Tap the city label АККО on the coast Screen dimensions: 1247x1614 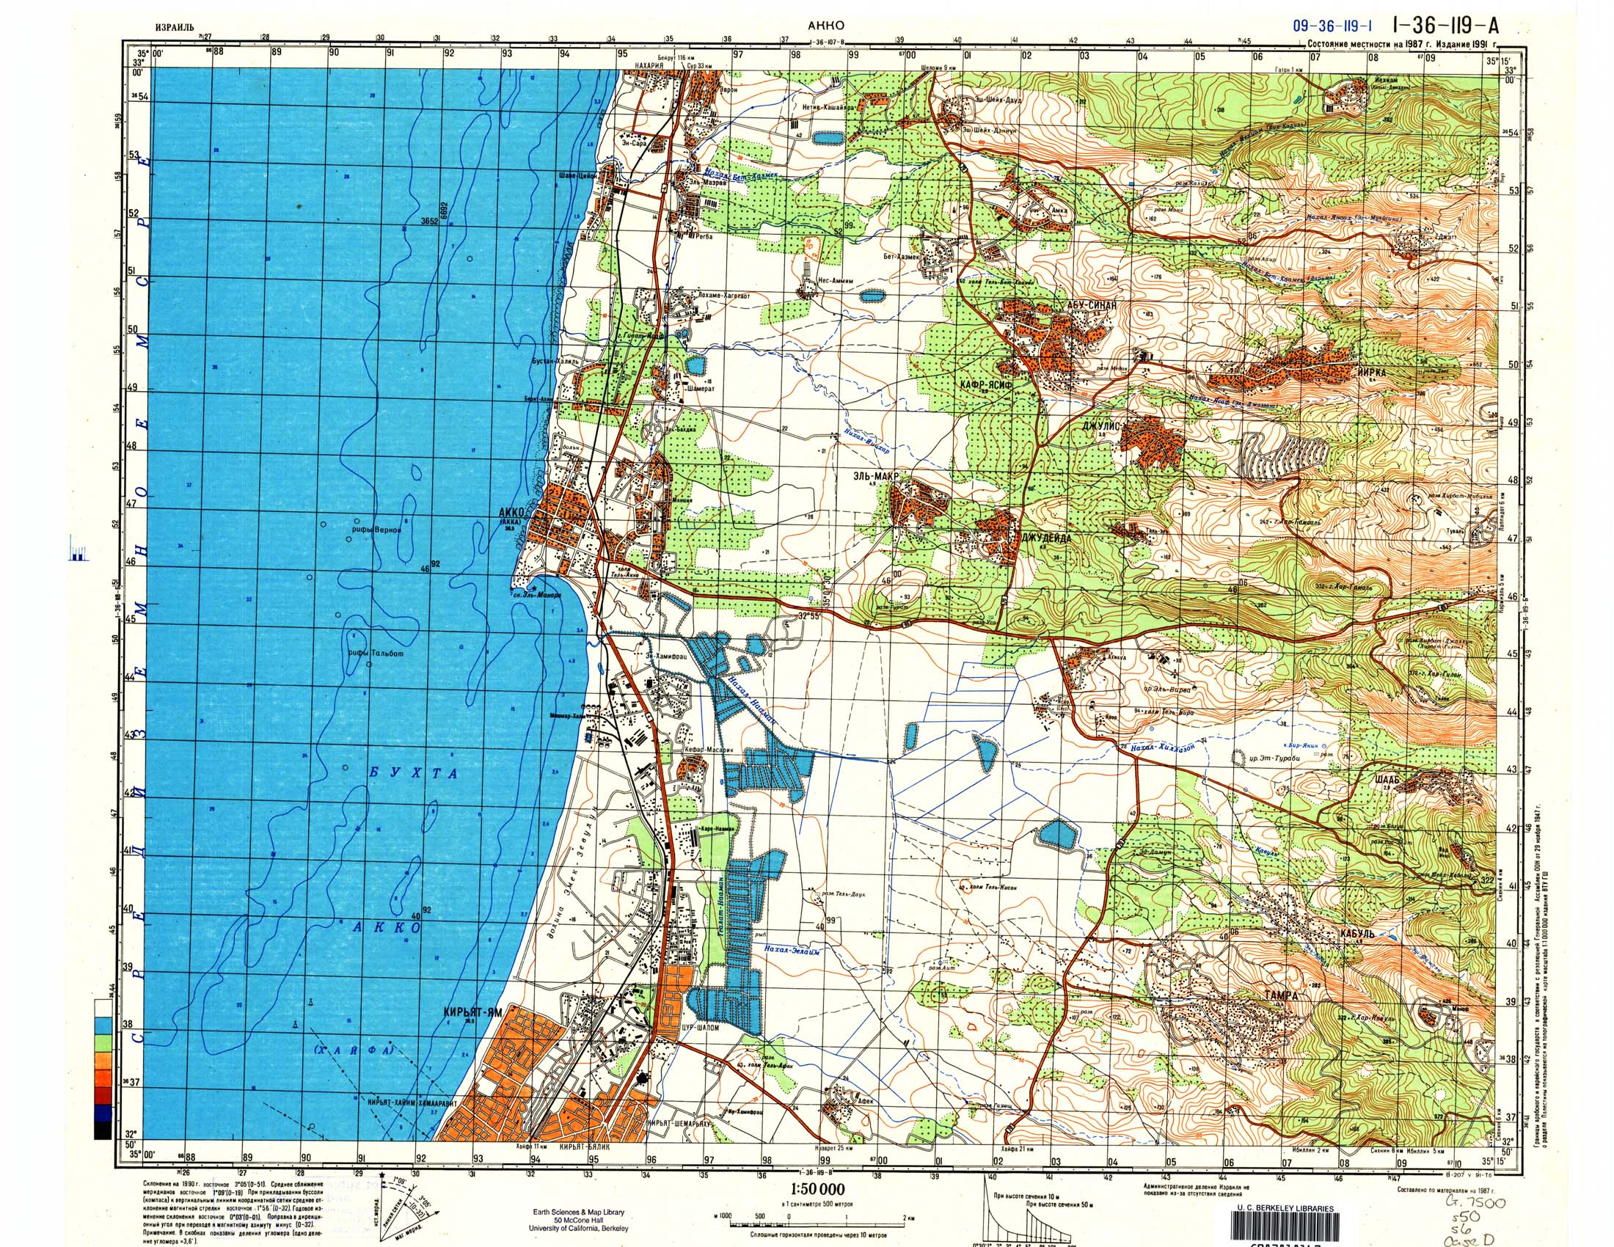pyautogui.click(x=511, y=512)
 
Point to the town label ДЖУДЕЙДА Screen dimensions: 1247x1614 pyautogui.click(x=1045, y=538)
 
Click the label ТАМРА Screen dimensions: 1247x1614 pyautogui.click(x=1280, y=995)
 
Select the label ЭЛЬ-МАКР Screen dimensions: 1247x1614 pyautogui.click(x=878, y=477)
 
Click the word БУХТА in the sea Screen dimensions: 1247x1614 pyautogui.click(x=414, y=773)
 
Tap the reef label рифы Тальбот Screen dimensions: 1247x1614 pyautogui.click(x=376, y=653)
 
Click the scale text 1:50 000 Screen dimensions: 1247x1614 pyautogui.click(x=817, y=1189)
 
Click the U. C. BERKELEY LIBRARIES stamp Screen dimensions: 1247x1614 pyautogui.click(x=1285, y=1209)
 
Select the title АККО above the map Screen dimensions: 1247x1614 pyautogui.click(x=827, y=25)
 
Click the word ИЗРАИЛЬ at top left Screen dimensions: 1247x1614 pyautogui.click(x=175, y=27)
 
